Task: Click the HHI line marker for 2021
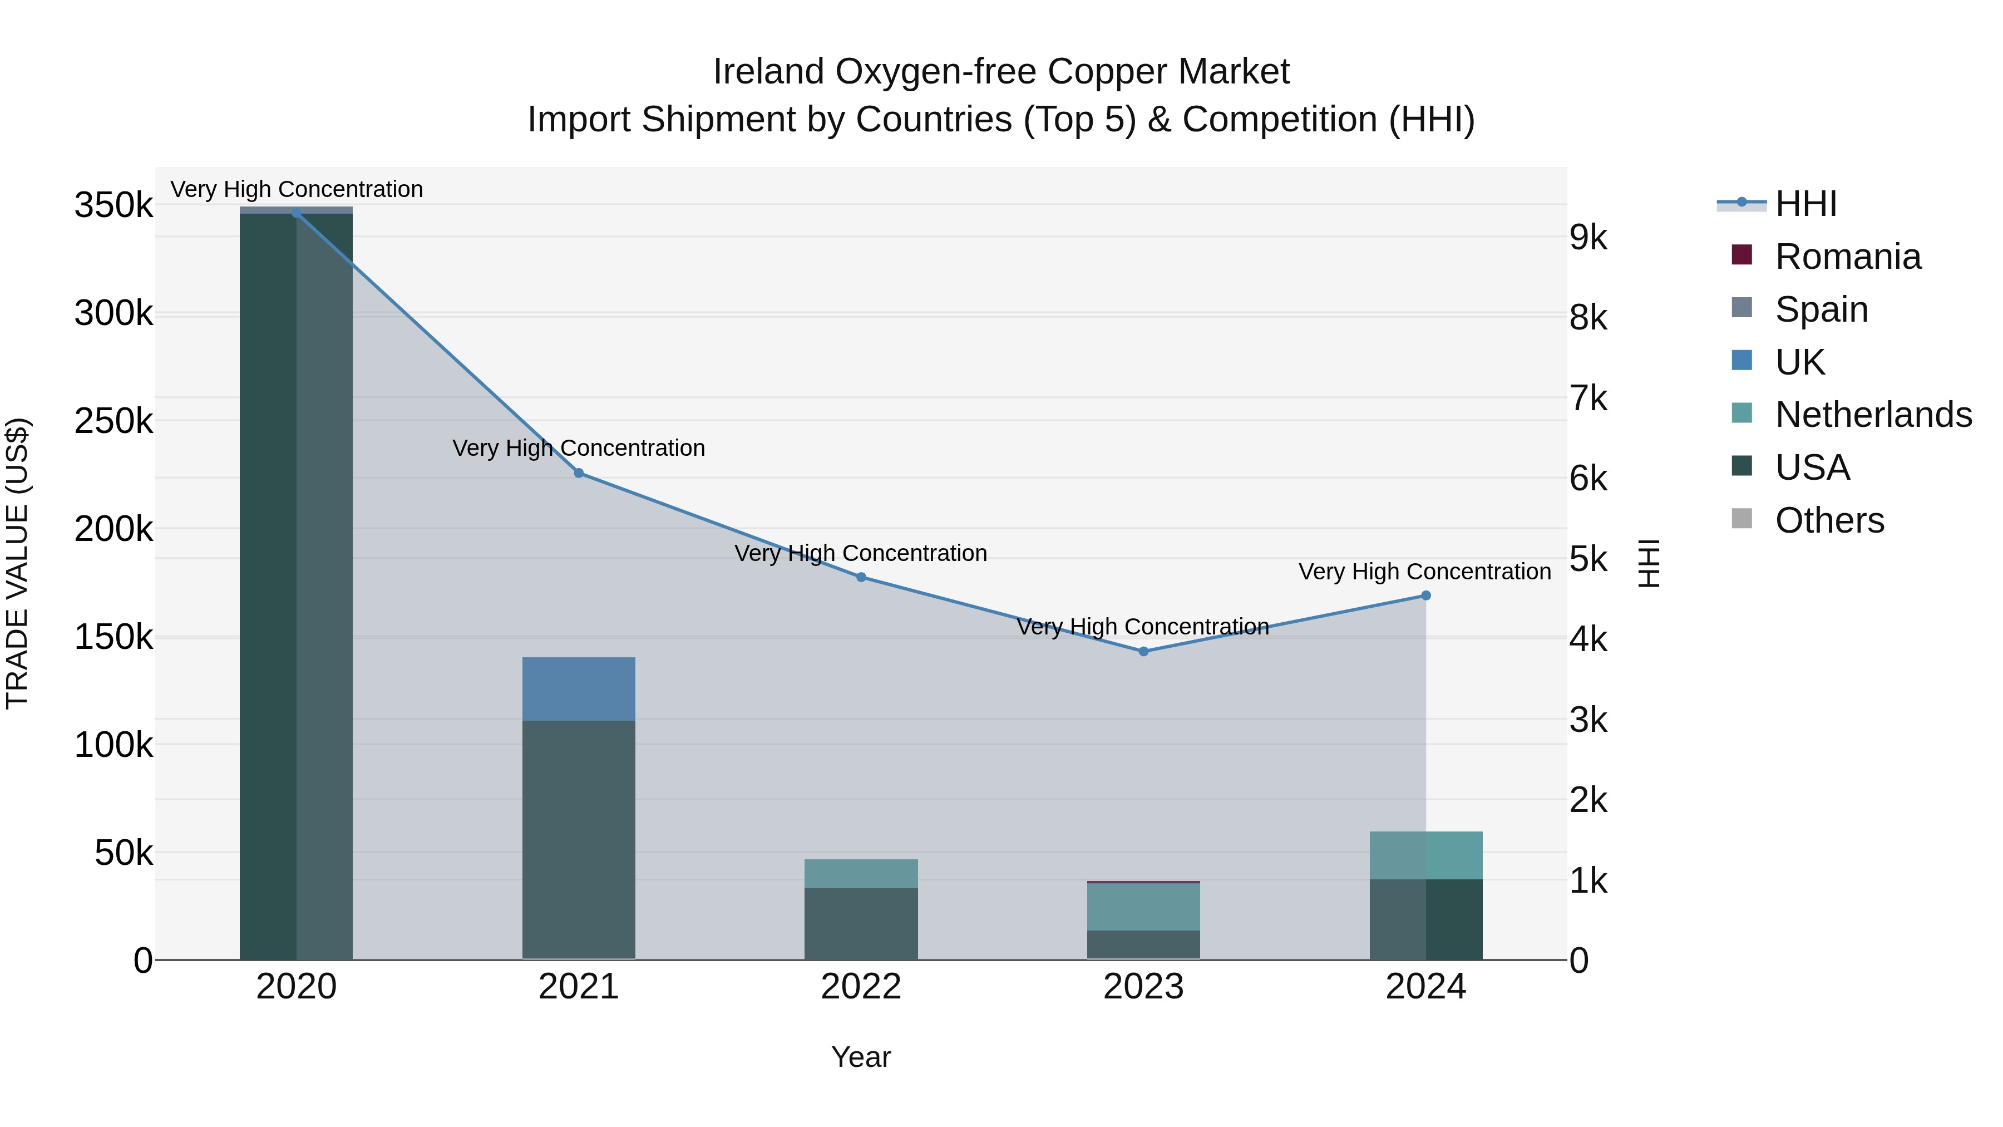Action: pyautogui.click(x=579, y=473)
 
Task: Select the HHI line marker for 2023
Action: pyautogui.click(x=1143, y=651)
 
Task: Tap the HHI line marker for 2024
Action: pyautogui.click(x=1425, y=596)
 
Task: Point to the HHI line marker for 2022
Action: pyautogui.click(x=861, y=577)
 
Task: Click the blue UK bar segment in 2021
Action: pyautogui.click(x=579, y=689)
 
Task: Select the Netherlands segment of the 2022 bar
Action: pyautogui.click(x=861, y=873)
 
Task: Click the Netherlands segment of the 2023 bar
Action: pyautogui.click(x=1143, y=907)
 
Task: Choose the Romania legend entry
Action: pyautogui.click(x=1847, y=257)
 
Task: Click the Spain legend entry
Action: pyautogui.click(x=1821, y=309)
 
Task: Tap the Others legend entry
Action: pyautogui.click(x=1829, y=520)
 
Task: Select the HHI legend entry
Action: pyautogui.click(x=1805, y=204)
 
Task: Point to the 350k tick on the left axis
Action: pyautogui.click(x=114, y=206)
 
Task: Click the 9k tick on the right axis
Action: pyautogui.click(x=1588, y=238)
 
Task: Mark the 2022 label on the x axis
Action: pyautogui.click(x=861, y=987)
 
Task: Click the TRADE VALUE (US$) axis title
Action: pyautogui.click(x=17, y=563)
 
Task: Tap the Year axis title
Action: pyautogui.click(x=861, y=1057)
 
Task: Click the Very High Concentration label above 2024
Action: pyautogui.click(x=1424, y=572)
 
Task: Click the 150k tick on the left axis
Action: pyautogui.click(x=114, y=638)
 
